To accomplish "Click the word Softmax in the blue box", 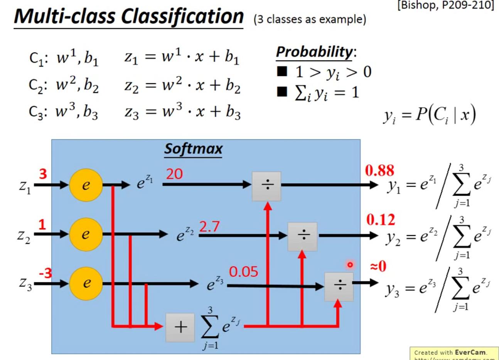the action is (193, 149).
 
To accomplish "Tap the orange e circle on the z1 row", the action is (86, 185).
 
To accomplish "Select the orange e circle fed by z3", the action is (86, 283).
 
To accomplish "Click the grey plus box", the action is (180, 327).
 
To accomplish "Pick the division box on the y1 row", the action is (266, 186).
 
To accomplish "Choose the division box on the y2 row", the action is (303, 236).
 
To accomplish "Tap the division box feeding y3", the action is (339, 286).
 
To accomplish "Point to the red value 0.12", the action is (381, 220).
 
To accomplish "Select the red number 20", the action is (174, 174).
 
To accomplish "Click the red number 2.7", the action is (209, 227).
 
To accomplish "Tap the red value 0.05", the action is (243, 272).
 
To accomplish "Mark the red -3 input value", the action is (45, 273).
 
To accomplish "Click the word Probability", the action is (314, 52).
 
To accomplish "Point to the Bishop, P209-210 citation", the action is (445, 6).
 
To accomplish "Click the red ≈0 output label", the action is (378, 266).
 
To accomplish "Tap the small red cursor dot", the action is (350, 265).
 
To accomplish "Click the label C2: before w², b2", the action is (38, 85).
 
